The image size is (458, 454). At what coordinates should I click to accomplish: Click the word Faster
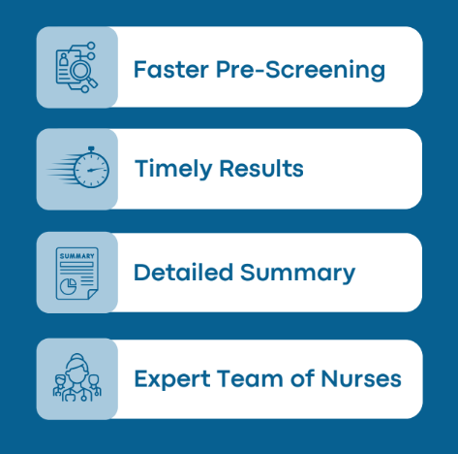click(171, 69)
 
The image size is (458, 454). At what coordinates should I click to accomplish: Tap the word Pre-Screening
click(301, 70)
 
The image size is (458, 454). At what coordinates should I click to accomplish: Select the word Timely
click(173, 169)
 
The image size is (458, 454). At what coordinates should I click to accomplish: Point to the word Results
click(261, 169)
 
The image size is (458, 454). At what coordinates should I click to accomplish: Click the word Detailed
click(183, 273)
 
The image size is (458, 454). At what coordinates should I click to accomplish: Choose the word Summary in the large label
click(297, 274)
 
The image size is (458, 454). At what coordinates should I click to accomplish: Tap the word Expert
click(172, 379)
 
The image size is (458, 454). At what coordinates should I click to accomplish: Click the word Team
click(250, 378)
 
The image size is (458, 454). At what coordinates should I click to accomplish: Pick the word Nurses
click(361, 378)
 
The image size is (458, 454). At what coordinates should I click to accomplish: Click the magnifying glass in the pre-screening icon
click(83, 74)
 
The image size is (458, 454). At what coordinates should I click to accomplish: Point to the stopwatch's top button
click(91, 149)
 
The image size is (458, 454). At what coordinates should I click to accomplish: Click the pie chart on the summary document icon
click(68, 286)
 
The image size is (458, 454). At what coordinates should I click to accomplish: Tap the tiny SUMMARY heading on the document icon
click(77, 256)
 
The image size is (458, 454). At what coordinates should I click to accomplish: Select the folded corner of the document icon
click(92, 294)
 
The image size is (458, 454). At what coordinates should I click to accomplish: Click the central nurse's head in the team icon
click(76, 371)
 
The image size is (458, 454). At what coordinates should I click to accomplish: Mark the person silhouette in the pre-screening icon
click(64, 60)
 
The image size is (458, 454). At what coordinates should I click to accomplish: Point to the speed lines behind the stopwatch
click(61, 169)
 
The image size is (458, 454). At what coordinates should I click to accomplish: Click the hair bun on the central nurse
click(76, 356)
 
